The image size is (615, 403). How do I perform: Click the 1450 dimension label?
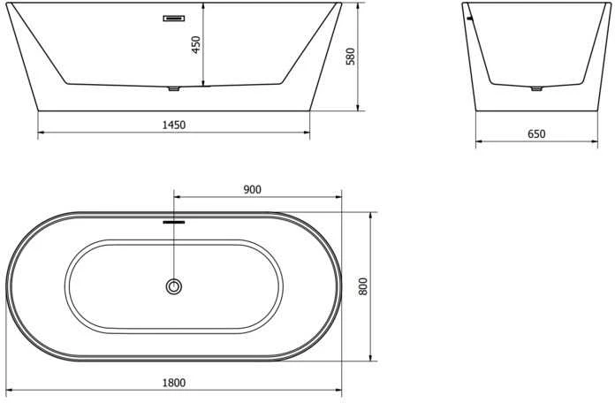pyautogui.click(x=174, y=125)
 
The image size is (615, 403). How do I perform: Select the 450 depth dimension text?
pyautogui.click(x=195, y=45)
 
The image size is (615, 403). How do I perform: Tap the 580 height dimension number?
pyautogui.click(x=350, y=56)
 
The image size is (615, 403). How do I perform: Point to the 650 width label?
pyautogui.click(x=536, y=133)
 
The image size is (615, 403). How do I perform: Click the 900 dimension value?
pyautogui.click(x=252, y=189)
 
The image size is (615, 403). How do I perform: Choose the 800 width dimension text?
pyautogui.click(x=363, y=286)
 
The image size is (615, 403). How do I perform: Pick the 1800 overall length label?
pyautogui.click(x=174, y=382)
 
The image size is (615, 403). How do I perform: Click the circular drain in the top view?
pyautogui.click(x=174, y=286)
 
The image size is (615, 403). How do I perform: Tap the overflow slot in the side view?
pyautogui.click(x=174, y=18)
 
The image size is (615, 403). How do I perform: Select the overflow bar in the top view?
pyautogui.click(x=174, y=222)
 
